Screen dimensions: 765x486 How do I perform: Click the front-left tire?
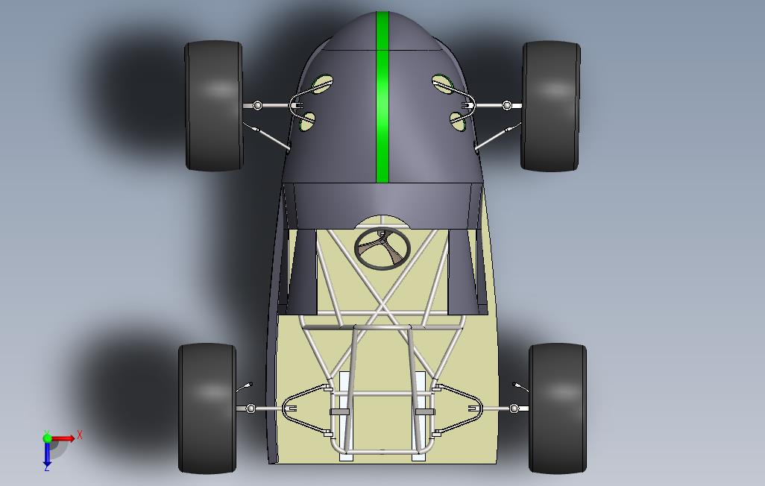[x=214, y=105]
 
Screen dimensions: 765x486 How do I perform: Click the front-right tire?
[x=551, y=106]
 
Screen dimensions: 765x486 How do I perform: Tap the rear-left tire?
[x=207, y=408]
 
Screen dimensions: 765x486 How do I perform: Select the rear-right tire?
[x=558, y=408]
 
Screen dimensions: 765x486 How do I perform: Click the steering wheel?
[x=382, y=248]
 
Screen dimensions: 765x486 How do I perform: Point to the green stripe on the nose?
[x=382, y=97]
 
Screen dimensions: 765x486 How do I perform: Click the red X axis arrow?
[x=63, y=438]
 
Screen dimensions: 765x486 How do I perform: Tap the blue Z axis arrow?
[x=47, y=452]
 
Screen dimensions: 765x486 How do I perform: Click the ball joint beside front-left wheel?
[x=257, y=105]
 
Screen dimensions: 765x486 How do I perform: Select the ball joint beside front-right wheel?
[x=507, y=105]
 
